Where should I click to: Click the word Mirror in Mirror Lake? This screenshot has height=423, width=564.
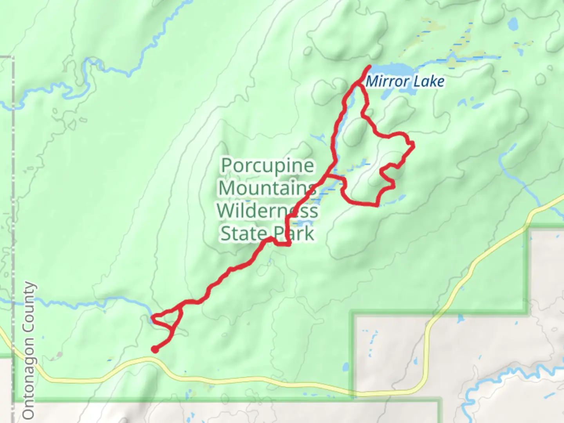click(384, 81)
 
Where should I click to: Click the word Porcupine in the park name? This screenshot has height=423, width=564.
click(268, 166)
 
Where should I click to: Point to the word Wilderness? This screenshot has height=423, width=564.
click(268, 211)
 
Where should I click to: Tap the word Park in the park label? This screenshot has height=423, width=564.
click(294, 234)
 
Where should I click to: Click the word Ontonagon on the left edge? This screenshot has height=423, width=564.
click(29, 386)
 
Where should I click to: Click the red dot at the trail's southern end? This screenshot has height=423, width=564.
click(155, 350)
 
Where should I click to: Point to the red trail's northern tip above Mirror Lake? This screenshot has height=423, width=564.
click(369, 67)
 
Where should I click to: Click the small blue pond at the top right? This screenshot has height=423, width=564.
click(513, 25)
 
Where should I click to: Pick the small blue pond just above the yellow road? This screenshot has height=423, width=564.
click(345, 368)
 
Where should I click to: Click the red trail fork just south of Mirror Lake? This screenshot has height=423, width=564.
click(358, 84)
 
